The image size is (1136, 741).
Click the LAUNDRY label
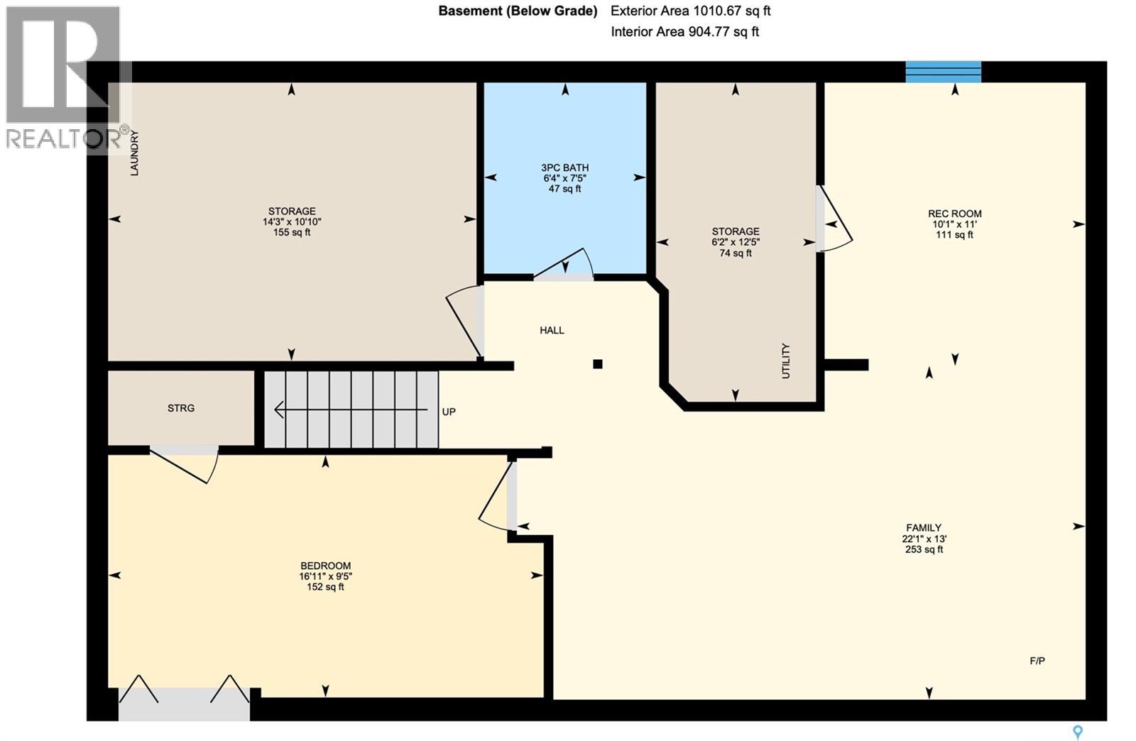(x=134, y=153)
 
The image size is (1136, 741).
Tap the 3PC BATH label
(x=564, y=168)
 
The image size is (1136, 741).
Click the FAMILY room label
(x=923, y=527)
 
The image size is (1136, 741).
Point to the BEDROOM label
(x=325, y=566)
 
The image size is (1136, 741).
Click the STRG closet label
(x=180, y=408)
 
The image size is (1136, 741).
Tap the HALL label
(x=552, y=330)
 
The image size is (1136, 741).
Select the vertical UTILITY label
(x=785, y=361)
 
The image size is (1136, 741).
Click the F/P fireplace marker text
(x=1037, y=661)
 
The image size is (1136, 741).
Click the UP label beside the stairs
(x=449, y=412)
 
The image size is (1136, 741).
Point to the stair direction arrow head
(x=278, y=410)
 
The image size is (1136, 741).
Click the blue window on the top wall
(x=943, y=72)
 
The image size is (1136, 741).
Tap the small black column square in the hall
(x=598, y=364)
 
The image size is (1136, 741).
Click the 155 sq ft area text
(x=291, y=232)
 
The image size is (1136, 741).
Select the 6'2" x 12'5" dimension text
(x=736, y=242)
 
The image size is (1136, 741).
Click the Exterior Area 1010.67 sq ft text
(x=690, y=11)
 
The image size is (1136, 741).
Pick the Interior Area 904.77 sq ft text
(x=684, y=32)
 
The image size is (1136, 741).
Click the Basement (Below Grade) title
(x=518, y=11)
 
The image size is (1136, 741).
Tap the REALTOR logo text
(x=64, y=138)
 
